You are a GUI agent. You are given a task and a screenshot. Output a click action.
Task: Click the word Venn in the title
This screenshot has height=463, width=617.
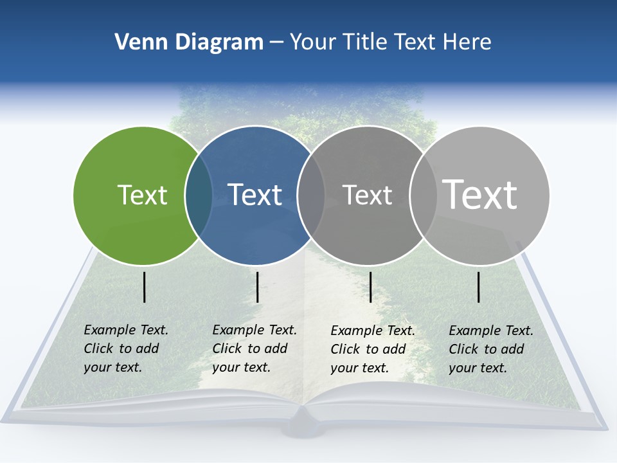[135, 42]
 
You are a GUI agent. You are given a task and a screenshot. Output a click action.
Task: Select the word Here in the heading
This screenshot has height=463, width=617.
[467, 42]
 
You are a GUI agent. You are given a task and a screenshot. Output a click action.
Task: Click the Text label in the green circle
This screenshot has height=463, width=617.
[142, 195]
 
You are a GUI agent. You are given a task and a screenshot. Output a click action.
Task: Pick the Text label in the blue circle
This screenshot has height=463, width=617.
[255, 195]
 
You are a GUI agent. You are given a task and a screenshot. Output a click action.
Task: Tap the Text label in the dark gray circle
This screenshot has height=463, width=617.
[367, 195]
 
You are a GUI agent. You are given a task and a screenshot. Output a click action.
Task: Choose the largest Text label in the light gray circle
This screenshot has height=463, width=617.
[480, 194]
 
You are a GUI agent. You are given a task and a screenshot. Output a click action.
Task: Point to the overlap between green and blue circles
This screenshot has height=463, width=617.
[199, 195]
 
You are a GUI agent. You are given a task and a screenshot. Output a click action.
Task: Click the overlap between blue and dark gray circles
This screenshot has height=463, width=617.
[311, 195]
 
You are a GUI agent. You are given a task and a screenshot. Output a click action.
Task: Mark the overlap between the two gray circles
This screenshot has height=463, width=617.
[422, 195]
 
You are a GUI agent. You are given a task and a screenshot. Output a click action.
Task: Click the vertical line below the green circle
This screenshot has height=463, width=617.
[145, 287]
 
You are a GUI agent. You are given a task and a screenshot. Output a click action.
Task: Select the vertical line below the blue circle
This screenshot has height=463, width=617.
[257, 287]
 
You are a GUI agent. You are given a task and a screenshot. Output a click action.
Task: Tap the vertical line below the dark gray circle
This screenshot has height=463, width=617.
[370, 287]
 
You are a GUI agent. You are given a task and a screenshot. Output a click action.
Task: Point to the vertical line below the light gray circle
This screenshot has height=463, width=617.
[479, 287]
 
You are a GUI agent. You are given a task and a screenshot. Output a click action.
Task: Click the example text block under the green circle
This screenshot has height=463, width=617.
[126, 349]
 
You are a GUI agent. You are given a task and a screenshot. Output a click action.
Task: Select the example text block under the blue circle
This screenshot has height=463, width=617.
[255, 349]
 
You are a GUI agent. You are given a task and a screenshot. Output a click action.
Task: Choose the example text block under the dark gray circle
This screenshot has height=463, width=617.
[373, 349]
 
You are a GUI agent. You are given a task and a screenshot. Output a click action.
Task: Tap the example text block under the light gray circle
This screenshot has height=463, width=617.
[491, 349]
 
